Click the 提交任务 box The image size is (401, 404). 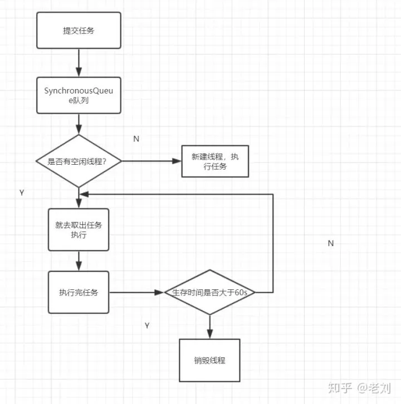[79, 31]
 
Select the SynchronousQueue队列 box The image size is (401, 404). [78, 95]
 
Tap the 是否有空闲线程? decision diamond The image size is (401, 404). [79, 161]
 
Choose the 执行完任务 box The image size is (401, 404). [79, 292]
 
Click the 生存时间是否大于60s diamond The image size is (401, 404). [210, 292]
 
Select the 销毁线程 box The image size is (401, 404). [209, 359]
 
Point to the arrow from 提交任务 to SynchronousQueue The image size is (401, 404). [79, 62]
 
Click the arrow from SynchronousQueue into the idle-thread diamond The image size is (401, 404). [79, 124]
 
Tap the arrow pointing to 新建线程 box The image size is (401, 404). [151, 161]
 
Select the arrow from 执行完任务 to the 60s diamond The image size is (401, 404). [136, 292]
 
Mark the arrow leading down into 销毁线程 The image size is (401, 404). [210, 327]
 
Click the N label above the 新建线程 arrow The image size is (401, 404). [136, 139]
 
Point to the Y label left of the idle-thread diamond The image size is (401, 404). [22, 192]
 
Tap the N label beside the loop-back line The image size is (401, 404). [330, 243]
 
